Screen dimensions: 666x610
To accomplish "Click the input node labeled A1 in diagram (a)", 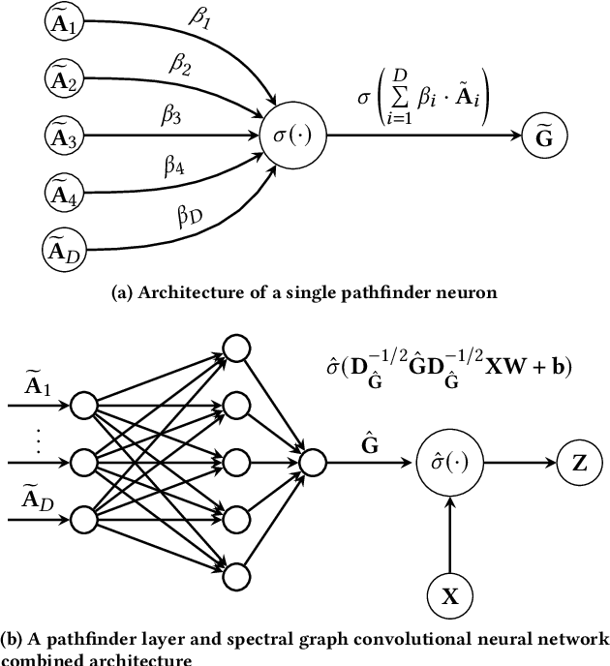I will coord(63,24).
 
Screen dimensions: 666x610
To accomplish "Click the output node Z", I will coord(579,463).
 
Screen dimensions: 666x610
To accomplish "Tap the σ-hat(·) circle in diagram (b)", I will coord(449,463).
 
